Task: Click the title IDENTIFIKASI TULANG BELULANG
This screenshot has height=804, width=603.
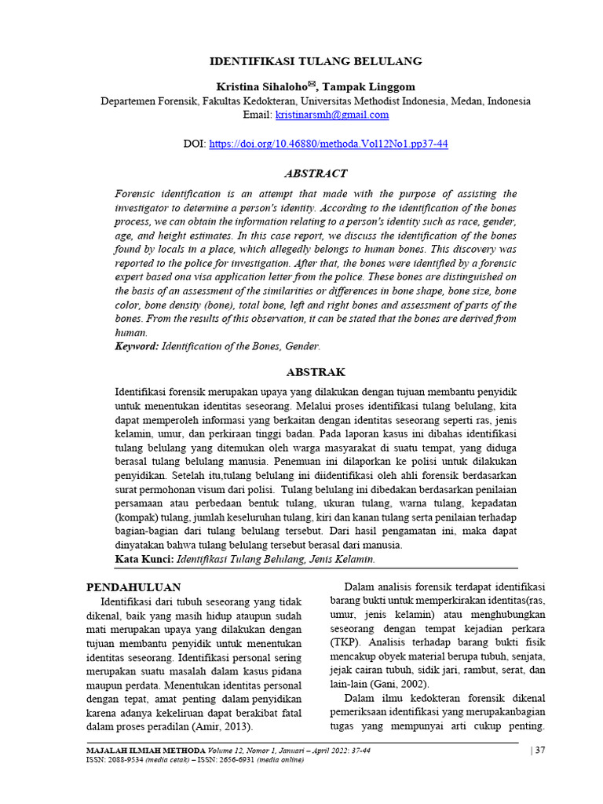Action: point(315,60)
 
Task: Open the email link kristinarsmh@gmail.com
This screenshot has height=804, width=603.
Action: point(332,115)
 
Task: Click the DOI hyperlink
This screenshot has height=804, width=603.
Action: point(327,144)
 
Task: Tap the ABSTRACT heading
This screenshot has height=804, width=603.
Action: point(315,174)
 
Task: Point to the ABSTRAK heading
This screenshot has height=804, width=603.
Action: point(316,371)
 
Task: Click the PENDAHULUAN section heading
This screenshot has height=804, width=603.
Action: point(133,587)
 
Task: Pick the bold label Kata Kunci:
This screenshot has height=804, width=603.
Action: point(144,559)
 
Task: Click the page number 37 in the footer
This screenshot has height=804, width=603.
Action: point(539,751)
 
